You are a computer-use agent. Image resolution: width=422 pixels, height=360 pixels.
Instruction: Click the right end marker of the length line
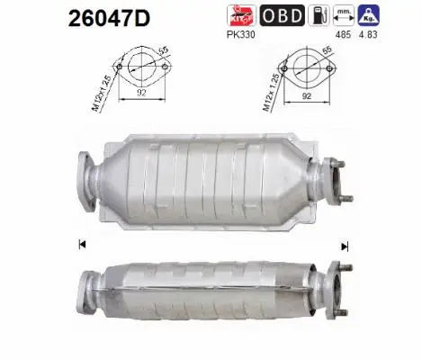coord(344,244)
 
